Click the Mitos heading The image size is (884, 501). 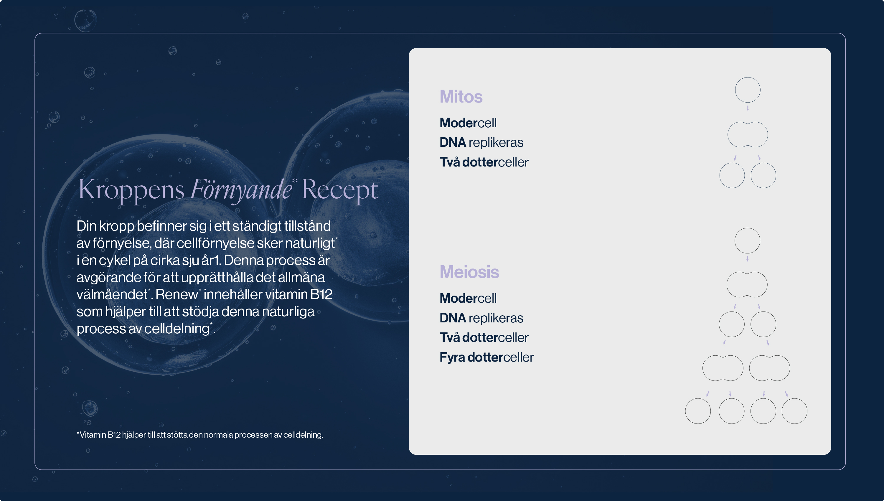461,96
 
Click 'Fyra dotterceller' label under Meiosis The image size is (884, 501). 487,357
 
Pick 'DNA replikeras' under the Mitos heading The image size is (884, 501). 481,142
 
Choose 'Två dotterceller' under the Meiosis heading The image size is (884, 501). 484,337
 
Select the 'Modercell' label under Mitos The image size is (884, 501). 468,123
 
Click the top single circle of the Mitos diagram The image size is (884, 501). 748,78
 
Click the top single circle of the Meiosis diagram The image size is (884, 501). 748,228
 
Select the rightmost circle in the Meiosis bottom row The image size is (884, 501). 794,399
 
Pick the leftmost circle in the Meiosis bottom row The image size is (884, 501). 698,399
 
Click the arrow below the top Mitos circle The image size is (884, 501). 748,108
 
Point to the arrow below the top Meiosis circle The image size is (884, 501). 748,258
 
